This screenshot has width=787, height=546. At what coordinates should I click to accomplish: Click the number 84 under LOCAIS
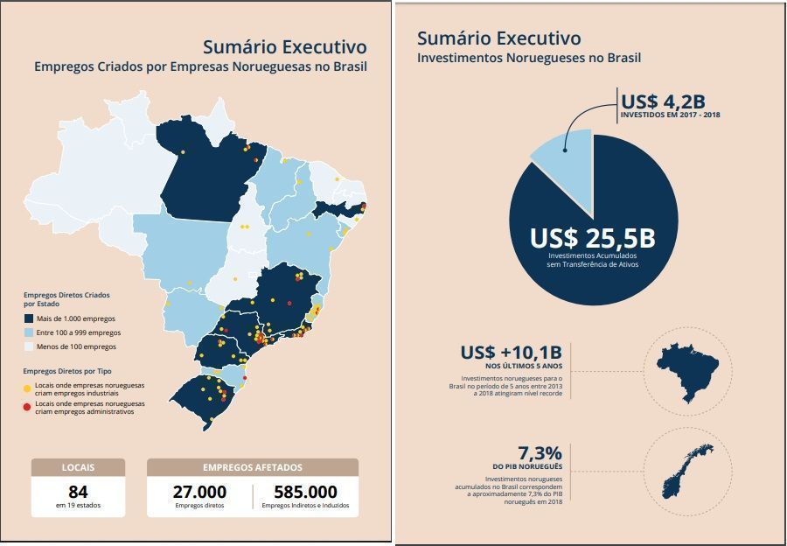[x=78, y=492]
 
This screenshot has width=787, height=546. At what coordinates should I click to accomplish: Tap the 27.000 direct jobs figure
[x=199, y=492]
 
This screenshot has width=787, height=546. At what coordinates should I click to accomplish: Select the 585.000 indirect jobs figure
[x=305, y=492]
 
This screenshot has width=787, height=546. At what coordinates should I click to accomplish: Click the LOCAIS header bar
[x=78, y=467]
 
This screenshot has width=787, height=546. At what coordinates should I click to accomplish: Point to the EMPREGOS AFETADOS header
[x=252, y=467]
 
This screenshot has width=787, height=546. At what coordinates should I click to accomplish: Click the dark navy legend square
[x=29, y=318]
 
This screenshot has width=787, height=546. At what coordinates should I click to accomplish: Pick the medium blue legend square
[x=29, y=332]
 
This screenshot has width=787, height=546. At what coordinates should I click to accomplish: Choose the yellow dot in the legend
[x=27, y=386]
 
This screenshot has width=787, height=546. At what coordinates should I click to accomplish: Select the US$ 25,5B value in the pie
[x=592, y=238]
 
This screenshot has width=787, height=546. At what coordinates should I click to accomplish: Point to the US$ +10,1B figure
[x=512, y=353]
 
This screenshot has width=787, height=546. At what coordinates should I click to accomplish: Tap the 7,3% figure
[x=540, y=452]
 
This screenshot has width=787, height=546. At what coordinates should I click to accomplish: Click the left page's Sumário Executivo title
[x=284, y=46]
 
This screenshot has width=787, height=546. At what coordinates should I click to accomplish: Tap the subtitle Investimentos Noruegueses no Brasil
[x=529, y=59]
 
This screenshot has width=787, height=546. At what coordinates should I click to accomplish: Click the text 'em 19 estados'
[x=78, y=506]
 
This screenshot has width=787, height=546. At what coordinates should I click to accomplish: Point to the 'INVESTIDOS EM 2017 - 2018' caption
[x=671, y=115]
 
